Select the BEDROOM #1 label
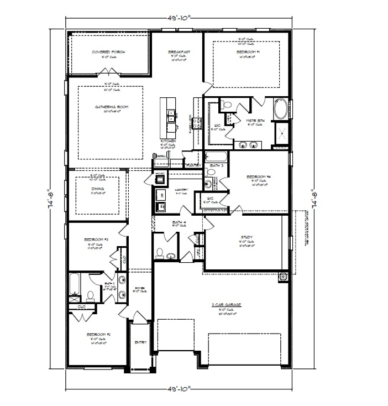pyautogui.click(x=248, y=51)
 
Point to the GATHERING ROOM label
pyautogui.click(x=111, y=106)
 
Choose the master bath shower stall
pyautogui.click(x=281, y=134)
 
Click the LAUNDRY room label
pyautogui.click(x=181, y=190)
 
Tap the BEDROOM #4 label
pyautogui.click(x=258, y=177)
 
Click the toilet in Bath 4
pyautogui.click(x=159, y=253)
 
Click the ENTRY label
pyautogui.click(x=141, y=342)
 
